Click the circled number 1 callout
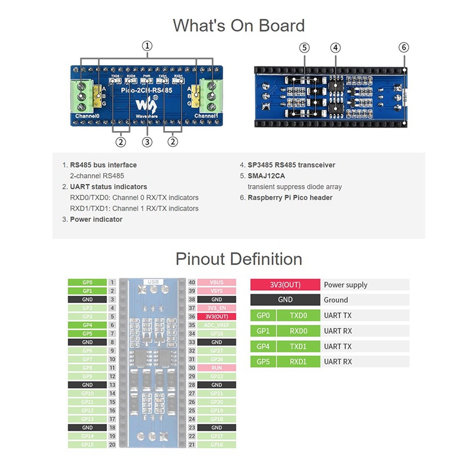[x=148, y=45]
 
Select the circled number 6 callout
[x=404, y=47]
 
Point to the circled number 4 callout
[x=336, y=47]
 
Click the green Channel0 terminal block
[x=84, y=95]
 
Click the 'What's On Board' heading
[x=239, y=26]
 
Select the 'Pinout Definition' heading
[x=239, y=259]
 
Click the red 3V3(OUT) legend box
[x=285, y=285]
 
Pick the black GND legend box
[x=285, y=300]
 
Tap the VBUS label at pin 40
[x=217, y=282]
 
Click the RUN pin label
[x=217, y=368]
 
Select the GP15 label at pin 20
[x=87, y=445]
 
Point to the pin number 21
[x=192, y=445]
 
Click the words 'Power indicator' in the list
[x=96, y=220]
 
